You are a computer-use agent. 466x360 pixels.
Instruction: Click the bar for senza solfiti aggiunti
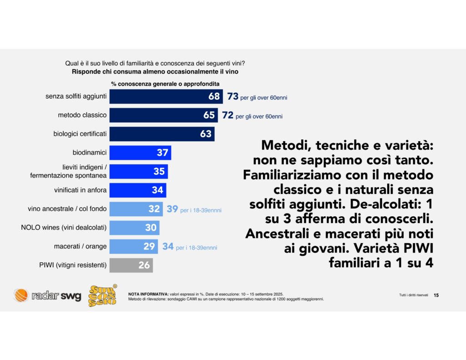click(166, 96)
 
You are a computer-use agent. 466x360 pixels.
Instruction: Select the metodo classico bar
click(164, 115)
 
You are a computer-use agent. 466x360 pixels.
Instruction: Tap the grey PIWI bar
click(131, 265)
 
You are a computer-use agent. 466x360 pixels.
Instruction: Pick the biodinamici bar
click(140, 152)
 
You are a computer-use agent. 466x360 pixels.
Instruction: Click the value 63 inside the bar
click(206, 134)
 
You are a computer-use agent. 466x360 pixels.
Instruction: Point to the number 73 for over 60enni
click(233, 96)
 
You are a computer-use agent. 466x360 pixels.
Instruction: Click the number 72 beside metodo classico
click(228, 115)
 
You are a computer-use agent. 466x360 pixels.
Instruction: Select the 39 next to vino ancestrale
click(172, 209)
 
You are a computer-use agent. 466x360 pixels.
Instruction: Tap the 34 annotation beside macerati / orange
click(168, 246)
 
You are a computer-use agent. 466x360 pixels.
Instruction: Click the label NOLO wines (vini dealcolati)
click(64, 228)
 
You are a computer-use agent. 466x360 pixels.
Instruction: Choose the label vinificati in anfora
click(80, 190)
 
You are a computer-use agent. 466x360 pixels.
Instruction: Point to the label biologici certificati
click(80, 134)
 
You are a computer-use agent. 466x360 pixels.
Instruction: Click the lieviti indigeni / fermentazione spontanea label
click(68, 171)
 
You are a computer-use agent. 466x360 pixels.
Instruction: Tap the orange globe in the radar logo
click(21, 295)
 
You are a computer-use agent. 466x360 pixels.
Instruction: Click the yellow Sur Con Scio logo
click(103, 295)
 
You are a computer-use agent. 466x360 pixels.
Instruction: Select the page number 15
click(436, 295)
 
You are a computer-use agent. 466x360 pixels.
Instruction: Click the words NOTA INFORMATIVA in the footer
click(148, 294)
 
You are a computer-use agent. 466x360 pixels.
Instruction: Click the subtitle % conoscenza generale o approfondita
click(165, 84)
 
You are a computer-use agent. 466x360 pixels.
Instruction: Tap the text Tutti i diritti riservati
click(414, 295)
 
